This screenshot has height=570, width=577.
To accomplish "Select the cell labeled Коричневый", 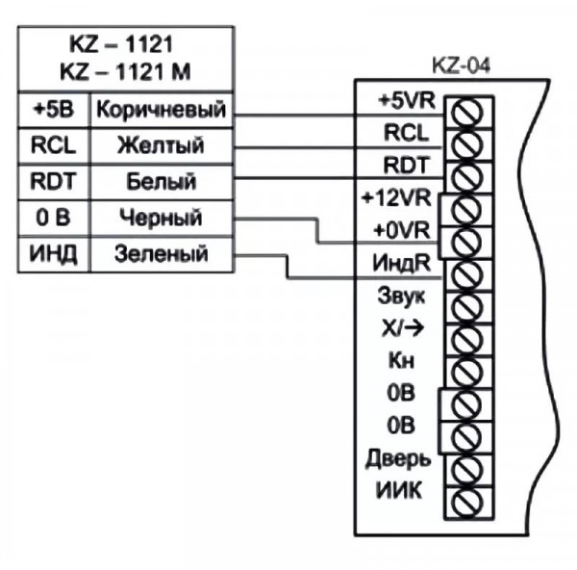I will tap(161, 110).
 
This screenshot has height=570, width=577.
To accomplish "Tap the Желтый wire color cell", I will tap(161, 145).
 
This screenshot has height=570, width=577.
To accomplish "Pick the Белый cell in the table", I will tap(161, 181).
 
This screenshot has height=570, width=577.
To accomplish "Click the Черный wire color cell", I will tap(161, 219).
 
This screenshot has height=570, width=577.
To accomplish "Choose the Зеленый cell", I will tap(161, 255).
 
